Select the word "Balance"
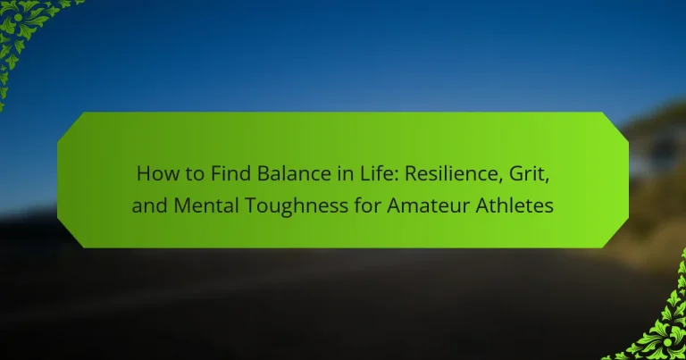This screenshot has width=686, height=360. (294, 173)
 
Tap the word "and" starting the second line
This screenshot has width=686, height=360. (150, 205)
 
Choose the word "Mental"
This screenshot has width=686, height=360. (205, 205)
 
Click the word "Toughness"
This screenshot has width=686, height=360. (296, 206)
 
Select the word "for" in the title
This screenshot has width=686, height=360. (367, 205)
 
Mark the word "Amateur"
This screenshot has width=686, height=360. (428, 205)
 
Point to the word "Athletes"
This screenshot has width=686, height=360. (514, 205)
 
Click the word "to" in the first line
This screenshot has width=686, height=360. (196, 174)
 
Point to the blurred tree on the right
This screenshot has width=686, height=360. (657, 145)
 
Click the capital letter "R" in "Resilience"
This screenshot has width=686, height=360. (411, 173)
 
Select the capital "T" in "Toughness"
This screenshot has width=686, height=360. (250, 205)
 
